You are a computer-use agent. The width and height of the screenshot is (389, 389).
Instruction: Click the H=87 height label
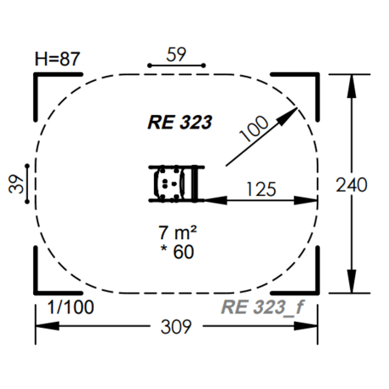click(57, 59)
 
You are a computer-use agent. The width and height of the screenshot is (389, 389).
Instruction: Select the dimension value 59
click(176, 54)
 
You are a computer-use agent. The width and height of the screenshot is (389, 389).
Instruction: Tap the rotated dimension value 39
click(16, 184)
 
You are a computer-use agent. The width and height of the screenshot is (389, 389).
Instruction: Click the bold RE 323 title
click(180, 123)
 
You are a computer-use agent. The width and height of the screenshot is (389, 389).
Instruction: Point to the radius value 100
click(254, 128)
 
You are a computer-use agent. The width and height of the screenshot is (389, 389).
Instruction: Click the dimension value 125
click(261, 189)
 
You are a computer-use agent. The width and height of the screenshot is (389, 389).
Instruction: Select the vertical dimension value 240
click(352, 185)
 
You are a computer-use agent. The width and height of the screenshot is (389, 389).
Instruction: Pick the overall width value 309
click(176, 326)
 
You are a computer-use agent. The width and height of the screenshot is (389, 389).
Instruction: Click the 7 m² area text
click(178, 232)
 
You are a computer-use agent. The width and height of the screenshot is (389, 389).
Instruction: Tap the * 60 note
click(177, 252)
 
